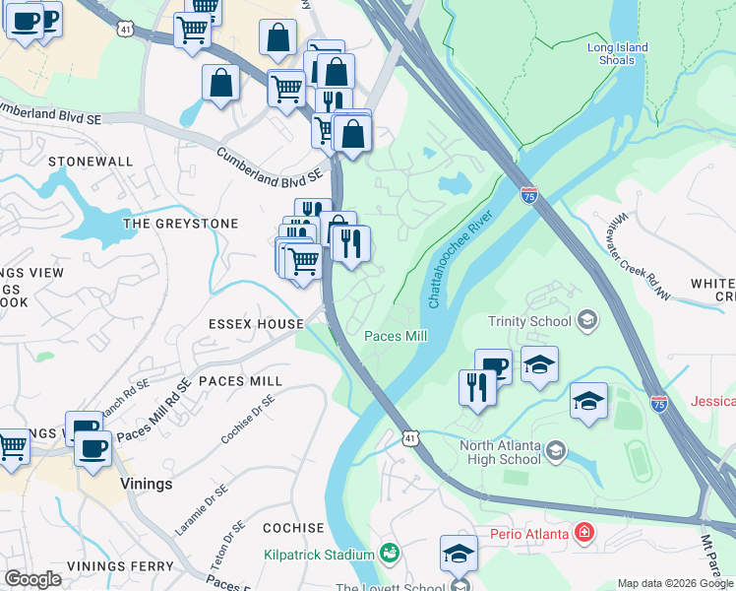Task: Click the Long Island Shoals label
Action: (x=618, y=53)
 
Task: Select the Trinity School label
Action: (x=529, y=321)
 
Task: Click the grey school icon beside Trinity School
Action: (x=587, y=320)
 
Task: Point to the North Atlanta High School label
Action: (x=500, y=451)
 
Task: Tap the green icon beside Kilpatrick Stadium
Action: (x=389, y=555)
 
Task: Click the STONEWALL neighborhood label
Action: (x=91, y=161)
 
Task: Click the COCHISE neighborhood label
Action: (x=293, y=528)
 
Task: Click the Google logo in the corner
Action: (x=32, y=579)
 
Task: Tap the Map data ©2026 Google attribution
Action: (x=675, y=583)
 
